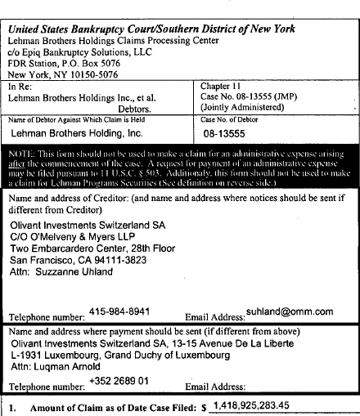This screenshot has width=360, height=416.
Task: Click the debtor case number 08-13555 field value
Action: (225, 131)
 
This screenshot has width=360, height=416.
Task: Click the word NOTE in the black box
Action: (23, 154)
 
